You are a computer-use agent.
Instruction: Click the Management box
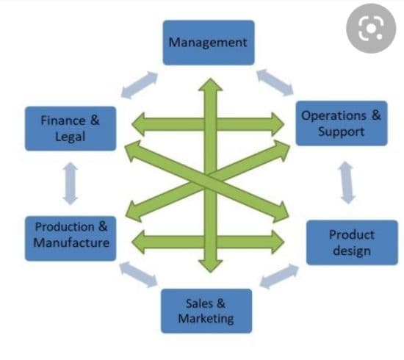click(x=209, y=43)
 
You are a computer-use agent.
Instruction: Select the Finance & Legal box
click(x=71, y=129)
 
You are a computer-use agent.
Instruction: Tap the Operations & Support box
click(x=342, y=123)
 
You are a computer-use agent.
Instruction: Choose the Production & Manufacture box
click(x=71, y=238)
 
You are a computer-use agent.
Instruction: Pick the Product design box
click(x=352, y=242)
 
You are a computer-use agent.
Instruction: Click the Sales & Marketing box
click(x=206, y=311)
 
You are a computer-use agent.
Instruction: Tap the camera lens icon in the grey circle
click(x=371, y=29)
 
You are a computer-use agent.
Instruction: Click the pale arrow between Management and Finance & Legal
click(x=140, y=84)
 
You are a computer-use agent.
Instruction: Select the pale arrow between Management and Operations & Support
click(x=275, y=82)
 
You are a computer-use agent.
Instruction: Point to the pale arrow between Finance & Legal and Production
click(x=71, y=184)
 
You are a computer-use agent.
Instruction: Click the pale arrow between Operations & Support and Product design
click(x=347, y=182)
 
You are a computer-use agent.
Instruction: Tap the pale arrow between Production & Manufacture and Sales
click(x=139, y=274)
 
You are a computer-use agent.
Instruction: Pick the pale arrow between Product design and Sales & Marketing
click(x=279, y=276)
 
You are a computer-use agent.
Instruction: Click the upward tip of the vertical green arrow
click(x=211, y=79)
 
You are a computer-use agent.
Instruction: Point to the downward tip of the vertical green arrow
click(x=211, y=272)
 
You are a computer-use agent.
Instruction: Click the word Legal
click(x=70, y=137)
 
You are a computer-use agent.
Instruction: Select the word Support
click(x=341, y=132)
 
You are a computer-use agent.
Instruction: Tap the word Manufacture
click(x=71, y=242)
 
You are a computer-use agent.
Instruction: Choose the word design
click(x=352, y=251)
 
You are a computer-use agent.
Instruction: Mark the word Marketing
click(x=206, y=319)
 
